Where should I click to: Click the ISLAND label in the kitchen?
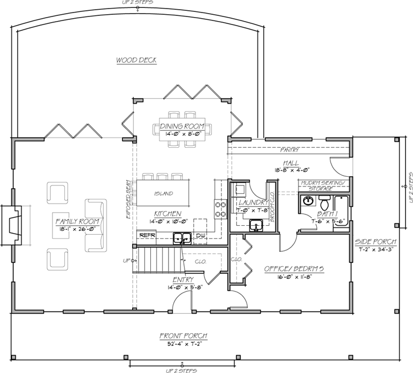click(x=163, y=193)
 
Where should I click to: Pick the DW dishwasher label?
click(x=199, y=234)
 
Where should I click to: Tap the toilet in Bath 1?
click(x=325, y=202)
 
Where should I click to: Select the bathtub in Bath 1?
click(x=341, y=212)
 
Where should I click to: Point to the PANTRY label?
click(x=289, y=150)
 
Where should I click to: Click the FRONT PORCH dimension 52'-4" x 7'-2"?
click(x=183, y=342)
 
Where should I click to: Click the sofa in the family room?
click(x=95, y=226)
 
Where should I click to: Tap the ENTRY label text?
click(x=183, y=279)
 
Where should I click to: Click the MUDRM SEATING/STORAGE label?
click(x=324, y=185)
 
